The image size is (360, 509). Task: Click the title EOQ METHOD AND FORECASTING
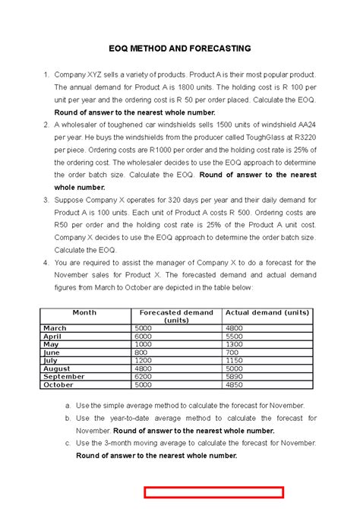point(179,49)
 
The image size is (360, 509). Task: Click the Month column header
point(84,312)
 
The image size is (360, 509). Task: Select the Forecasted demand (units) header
point(176,316)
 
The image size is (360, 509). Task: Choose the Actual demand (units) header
point(267,312)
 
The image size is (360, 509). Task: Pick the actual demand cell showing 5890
point(237,376)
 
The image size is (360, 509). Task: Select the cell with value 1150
point(237,360)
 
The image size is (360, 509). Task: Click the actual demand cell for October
point(237,384)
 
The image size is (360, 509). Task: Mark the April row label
point(52,336)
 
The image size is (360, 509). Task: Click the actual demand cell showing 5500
point(237,336)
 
